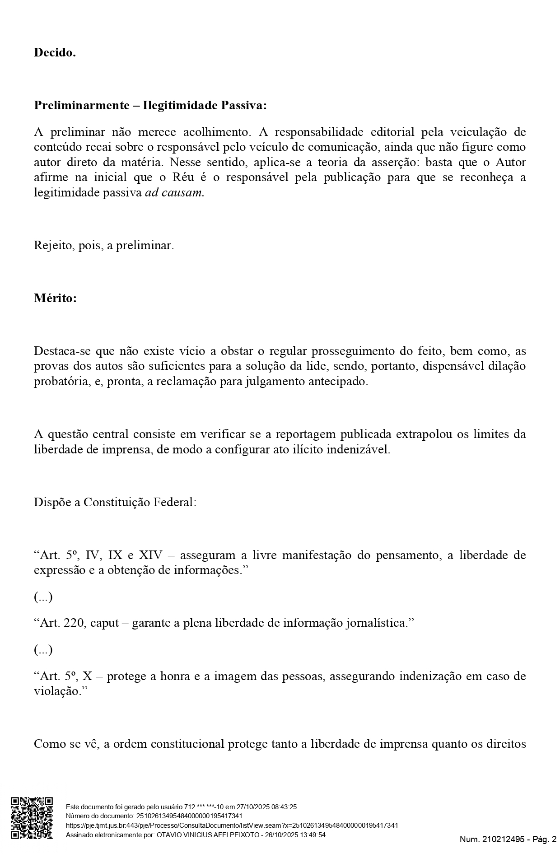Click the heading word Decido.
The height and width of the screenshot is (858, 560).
[x=55, y=53]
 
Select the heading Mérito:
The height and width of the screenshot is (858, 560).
[x=55, y=298]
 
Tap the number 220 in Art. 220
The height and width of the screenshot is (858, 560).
[x=74, y=624]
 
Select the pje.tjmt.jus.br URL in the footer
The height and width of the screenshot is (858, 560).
[x=232, y=825]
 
